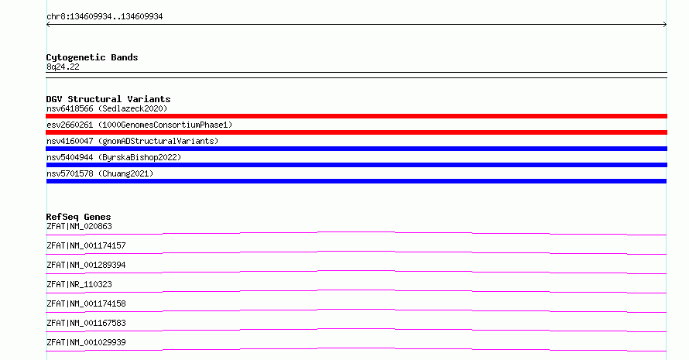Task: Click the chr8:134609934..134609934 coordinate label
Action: tap(105, 17)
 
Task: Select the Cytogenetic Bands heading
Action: tap(92, 57)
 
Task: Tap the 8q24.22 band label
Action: tap(63, 67)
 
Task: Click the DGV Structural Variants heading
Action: tap(108, 99)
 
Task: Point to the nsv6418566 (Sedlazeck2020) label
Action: tap(107, 108)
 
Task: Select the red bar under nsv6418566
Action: tap(356, 116)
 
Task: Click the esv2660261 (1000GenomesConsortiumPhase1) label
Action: tap(139, 125)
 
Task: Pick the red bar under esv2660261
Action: tap(356, 132)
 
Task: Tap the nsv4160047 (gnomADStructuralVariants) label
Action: tap(132, 141)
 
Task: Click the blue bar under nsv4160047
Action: tap(356, 149)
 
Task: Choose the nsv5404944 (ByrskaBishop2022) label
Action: tap(114, 157)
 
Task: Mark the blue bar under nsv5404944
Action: tap(356, 165)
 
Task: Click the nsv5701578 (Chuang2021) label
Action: tap(100, 173)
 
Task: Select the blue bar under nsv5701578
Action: tap(356, 181)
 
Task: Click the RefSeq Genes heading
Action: tap(78, 217)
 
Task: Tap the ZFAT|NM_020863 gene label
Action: tap(79, 226)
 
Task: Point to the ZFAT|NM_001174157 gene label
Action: tap(86, 245)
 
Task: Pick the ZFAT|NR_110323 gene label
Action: tap(79, 284)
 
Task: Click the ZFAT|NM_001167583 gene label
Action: tap(86, 323)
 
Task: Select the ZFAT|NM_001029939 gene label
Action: tap(86, 342)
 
